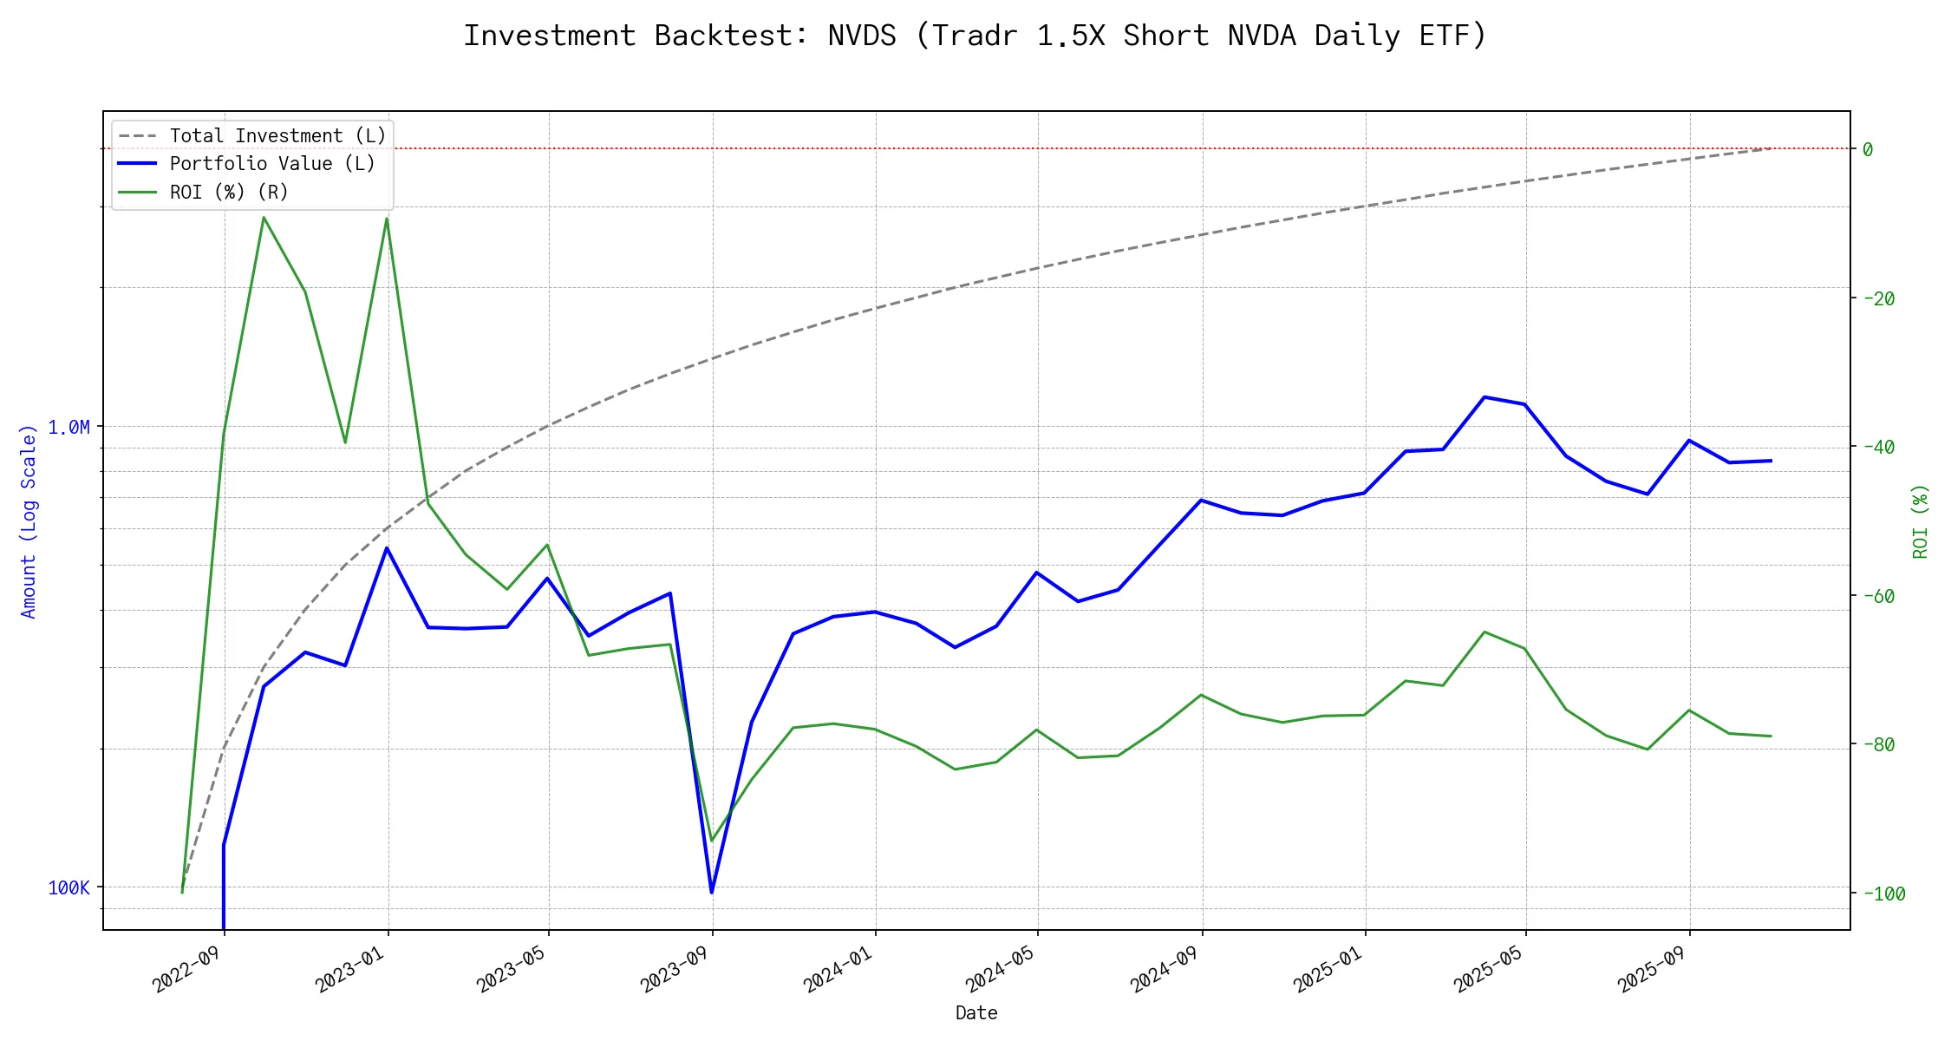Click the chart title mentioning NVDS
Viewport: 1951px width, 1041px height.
(975, 36)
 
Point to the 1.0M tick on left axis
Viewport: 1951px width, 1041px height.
(69, 427)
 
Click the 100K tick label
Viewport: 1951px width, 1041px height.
(69, 887)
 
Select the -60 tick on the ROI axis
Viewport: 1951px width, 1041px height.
(1878, 596)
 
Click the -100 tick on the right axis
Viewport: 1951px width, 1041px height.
(1883, 894)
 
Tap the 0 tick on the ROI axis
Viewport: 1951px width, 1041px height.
(1868, 149)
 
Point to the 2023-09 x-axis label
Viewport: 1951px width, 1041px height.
(675, 969)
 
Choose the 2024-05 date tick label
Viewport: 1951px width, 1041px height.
(1001, 969)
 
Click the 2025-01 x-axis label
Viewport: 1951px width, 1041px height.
(1328, 969)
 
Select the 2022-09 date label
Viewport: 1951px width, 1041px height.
(186, 969)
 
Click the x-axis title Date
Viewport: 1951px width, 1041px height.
(976, 1013)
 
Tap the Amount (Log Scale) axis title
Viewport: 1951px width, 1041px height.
(29, 520)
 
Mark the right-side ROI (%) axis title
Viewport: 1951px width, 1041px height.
(1920, 520)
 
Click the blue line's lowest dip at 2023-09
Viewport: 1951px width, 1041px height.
(712, 892)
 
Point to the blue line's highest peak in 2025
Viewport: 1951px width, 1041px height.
(1484, 397)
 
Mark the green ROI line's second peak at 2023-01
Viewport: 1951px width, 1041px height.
(387, 219)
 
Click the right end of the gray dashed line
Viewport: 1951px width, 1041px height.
(1771, 148)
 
